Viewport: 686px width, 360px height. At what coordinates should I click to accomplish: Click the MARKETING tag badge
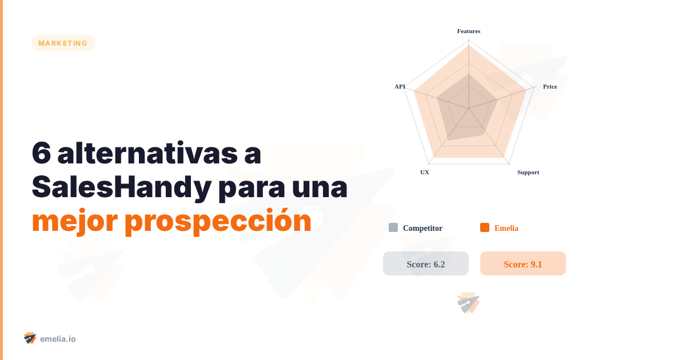tap(63, 43)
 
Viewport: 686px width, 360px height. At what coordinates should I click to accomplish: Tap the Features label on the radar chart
tap(469, 31)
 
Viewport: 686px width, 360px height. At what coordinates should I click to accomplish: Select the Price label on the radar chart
tap(549, 86)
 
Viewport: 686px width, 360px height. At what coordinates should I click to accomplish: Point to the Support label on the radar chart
tap(528, 172)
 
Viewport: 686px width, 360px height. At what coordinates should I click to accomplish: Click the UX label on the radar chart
tap(425, 172)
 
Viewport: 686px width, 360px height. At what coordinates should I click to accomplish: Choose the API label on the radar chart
tap(400, 86)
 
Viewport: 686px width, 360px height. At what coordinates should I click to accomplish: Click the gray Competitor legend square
tap(393, 227)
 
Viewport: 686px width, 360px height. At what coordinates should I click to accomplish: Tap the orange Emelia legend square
tap(485, 227)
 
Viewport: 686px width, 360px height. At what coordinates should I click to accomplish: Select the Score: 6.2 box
tap(426, 263)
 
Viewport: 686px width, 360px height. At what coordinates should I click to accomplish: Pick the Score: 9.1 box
tap(523, 263)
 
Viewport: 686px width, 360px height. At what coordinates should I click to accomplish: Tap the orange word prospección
tap(218, 221)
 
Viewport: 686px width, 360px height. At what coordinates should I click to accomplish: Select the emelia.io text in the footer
tap(58, 339)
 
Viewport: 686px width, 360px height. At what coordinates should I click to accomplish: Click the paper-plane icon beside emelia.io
tap(30, 338)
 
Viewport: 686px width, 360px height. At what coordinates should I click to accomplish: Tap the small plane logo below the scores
tap(468, 303)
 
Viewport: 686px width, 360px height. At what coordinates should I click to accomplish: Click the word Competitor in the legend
tap(422, 228)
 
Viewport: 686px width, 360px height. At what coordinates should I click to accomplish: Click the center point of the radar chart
tap(469, 108)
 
